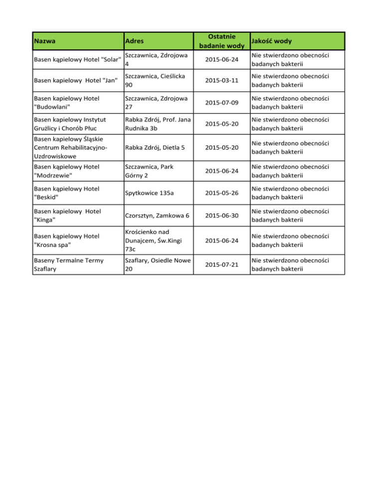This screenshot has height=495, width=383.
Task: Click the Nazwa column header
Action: tap(44, 40)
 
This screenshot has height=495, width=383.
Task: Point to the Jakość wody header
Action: tap(272, 40)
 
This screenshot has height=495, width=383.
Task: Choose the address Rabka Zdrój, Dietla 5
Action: tap(156, 147)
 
